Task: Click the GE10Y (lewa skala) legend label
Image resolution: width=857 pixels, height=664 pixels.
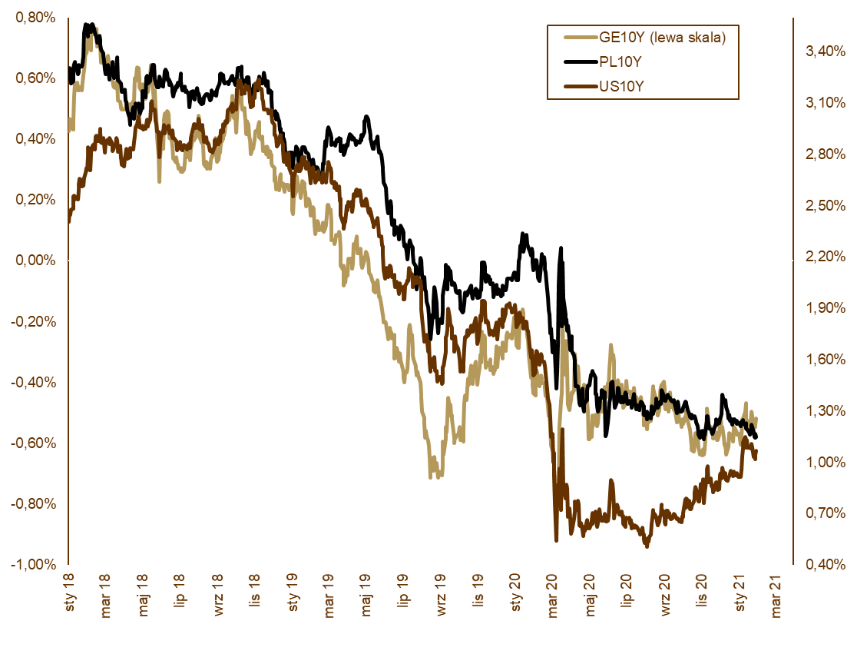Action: click(x=662, y=37)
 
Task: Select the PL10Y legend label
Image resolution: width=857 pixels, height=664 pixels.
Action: click(x=620, y=61)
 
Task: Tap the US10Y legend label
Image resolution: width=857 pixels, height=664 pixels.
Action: click(x=621, y=86)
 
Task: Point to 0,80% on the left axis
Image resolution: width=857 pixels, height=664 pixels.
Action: click(x=35, y=17)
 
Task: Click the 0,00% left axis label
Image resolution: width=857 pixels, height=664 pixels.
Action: click(x=35, y=261)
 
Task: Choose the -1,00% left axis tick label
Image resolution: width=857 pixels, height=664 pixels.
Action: click(x=32, y=564)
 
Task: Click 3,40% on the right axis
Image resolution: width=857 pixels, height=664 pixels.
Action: click(x=819, y=51)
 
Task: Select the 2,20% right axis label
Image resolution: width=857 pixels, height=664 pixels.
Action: click(x=819, y=257)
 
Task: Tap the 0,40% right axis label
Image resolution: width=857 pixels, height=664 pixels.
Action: click(x=819, y=564)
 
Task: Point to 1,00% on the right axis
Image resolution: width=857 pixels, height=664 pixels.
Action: click(x=819, y=462)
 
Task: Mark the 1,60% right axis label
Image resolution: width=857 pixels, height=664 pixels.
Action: click(x=819, y=359)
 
